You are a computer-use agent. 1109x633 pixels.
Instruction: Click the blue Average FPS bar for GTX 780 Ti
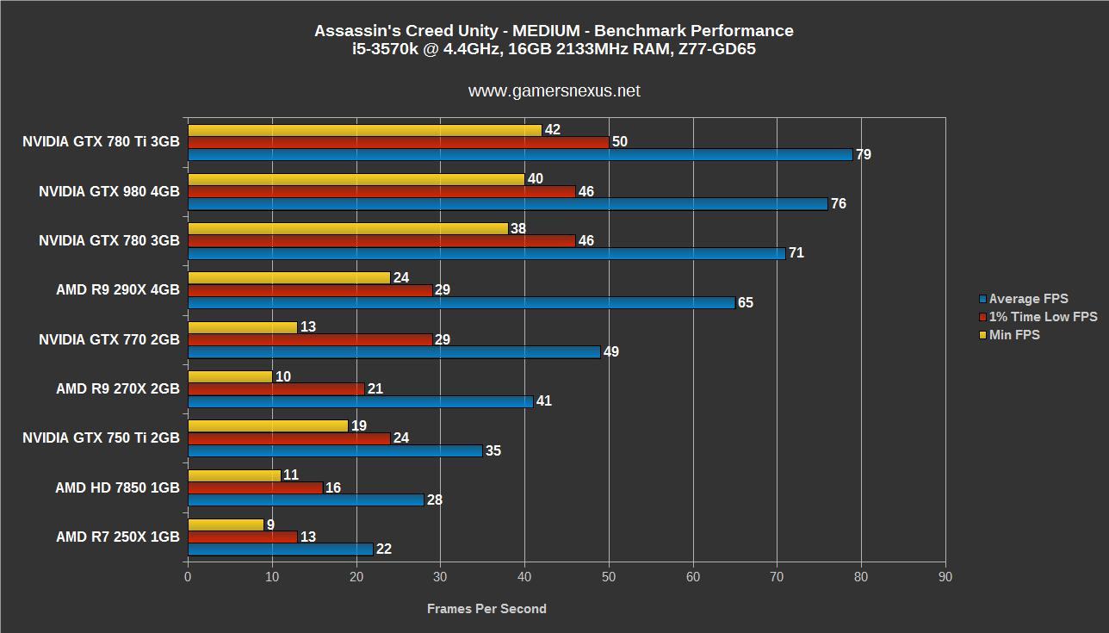[x=520, y=155]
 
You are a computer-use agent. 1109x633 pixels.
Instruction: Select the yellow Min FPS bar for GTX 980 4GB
[x=356, y=179]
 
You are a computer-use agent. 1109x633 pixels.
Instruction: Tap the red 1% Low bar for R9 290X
[x=310, y=290]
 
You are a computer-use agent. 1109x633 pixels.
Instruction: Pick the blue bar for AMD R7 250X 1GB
[x=281, y=549]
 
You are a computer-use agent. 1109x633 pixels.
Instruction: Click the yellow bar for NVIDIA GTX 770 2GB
[x=243, y=327]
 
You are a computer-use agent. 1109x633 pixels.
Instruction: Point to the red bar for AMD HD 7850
[x=256, y=487]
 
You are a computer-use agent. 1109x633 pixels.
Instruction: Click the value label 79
[x=864, y=155]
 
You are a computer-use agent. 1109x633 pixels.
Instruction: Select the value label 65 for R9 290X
[x=746, y=303]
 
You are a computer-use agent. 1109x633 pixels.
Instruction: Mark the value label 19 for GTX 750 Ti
[x=359, y=425]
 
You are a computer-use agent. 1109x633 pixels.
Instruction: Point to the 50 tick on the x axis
[x=609, y=577]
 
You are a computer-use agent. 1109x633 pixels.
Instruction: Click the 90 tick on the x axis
[x=945, y=577]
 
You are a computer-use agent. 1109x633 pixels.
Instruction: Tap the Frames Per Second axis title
[x=486, y=609]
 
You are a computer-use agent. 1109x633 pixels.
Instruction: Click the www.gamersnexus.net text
[x=554, y=91]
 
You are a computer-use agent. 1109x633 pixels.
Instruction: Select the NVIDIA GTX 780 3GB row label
[x=109, y=241]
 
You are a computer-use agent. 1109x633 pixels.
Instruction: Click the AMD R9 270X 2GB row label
[x=118, y=389]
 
